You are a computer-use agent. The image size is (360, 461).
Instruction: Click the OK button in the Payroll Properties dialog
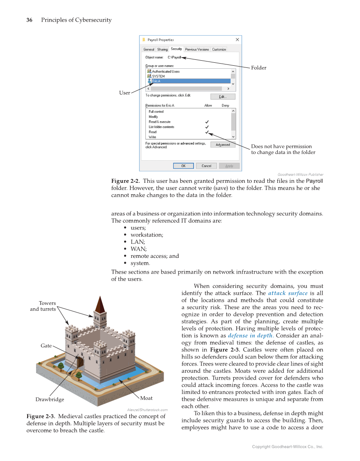[183, 166]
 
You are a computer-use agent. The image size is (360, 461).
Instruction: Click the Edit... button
[223, 97]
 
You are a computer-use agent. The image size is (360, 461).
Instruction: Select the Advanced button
[223, 145]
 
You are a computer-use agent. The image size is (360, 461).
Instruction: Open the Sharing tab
[162, 50]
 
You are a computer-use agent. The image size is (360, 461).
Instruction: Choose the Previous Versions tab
[197, 50]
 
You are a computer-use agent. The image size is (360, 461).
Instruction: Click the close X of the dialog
[237, 40]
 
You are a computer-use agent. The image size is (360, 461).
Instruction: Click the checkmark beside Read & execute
[207, 122]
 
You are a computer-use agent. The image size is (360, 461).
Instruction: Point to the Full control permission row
[156, 112]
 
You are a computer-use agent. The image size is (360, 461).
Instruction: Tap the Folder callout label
[259, 68]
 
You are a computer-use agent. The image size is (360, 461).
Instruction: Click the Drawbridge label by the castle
[50, 400]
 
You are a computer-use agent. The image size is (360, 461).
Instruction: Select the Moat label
[146, 398]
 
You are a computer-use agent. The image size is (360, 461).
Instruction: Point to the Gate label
[46, 346]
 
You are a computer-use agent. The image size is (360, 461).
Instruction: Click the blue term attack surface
[288, 293]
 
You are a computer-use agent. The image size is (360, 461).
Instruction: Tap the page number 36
[30, 20]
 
